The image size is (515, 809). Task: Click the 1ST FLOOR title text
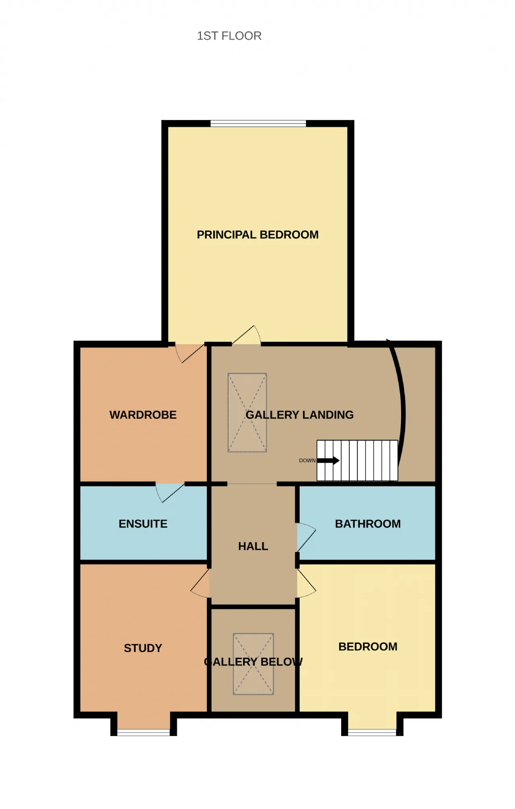(x=229, y=36)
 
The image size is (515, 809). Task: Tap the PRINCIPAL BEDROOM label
(x=257, y=235)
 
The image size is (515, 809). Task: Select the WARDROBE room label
(x=143, y=415)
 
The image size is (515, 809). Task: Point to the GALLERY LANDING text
(x=300, y=415)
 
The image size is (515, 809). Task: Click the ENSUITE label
(x=143, y=523)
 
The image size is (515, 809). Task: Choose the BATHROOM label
(x=368, y=523)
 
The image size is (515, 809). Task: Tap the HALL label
(x=253, y=546)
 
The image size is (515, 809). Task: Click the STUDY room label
(x=143, y=648)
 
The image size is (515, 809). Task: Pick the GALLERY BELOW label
(x=253, y=662)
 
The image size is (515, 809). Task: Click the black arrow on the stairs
(x=328, y=460)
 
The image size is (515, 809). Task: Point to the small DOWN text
(x=307, y=460)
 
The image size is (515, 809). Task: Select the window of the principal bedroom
(x=258, y=123)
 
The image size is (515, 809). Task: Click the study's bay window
(x=144, y=732)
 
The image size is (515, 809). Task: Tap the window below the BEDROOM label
(x=372, y=732)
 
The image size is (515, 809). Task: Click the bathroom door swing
(x=307, y=537)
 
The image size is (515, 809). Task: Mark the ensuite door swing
(x=169, y=492)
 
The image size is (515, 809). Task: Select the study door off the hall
(x=200, y=583)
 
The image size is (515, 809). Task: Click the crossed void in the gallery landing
(x=247, y=412)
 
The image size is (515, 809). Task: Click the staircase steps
(x=357, y=460)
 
